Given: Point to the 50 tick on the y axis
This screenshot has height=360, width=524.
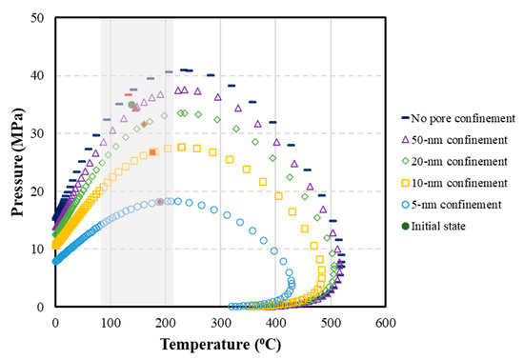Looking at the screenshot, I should click(39, 17).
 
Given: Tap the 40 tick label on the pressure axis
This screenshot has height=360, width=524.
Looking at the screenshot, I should click(39, 75).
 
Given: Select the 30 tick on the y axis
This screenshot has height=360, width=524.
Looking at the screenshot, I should click(39, 133).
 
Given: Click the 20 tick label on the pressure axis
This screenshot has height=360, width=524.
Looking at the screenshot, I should click(39, 191).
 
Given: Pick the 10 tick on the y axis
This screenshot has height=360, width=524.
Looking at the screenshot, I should click(39, 250).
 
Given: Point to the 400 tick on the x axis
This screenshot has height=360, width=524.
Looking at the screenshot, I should click(276, 324).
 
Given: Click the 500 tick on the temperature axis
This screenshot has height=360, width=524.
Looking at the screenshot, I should click(332, 324).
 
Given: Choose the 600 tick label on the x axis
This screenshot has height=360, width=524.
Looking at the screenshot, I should click(387, 324).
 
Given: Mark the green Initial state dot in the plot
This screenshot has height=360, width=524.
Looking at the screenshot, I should click(132, 105).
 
